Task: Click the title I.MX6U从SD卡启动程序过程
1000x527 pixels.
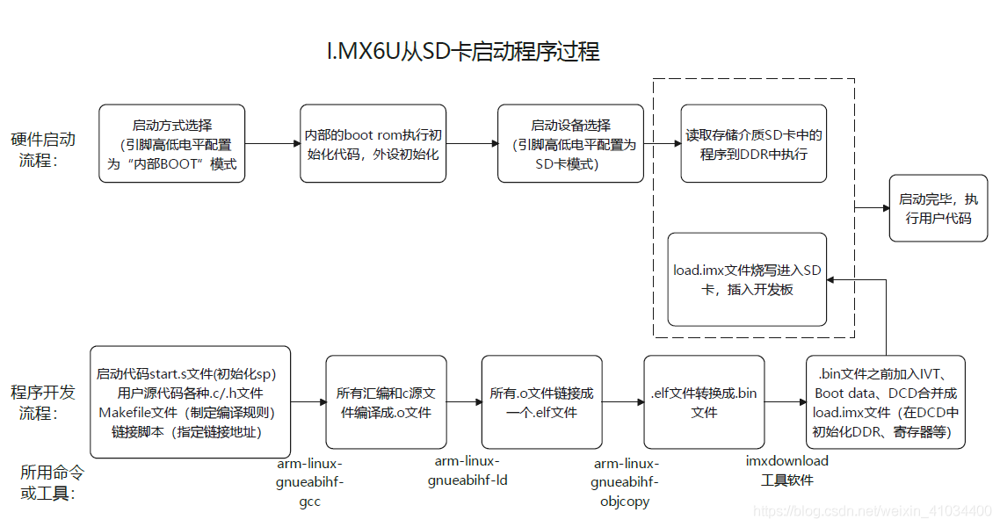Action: (x=462, y=51)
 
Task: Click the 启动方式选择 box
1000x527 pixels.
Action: (x=171, y=144)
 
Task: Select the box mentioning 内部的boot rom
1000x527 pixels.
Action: (x=373, y=144)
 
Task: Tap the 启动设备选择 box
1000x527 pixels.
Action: (x=570, y=144)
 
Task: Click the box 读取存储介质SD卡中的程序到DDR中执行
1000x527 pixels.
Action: (x=753, y=144)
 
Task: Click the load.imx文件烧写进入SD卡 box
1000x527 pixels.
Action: (x=747, y=279)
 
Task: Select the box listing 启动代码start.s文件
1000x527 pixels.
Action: (x=191, y=402)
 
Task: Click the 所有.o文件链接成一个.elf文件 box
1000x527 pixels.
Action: (x=541, y=402)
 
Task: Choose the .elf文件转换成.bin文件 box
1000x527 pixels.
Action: (x=704, y=402)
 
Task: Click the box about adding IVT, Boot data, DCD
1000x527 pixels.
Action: (x=885, y=402)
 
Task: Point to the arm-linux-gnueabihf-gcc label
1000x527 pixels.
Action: (x=310, y=482)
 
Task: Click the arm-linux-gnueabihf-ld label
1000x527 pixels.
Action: (x=467, y=471)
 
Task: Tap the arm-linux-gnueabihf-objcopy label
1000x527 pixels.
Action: (x=624, y=482)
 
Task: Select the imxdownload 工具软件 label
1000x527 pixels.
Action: (x=786, y=470)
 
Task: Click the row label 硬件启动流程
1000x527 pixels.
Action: (x=43, y=149)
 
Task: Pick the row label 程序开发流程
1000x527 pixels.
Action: (x=43, y=402)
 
